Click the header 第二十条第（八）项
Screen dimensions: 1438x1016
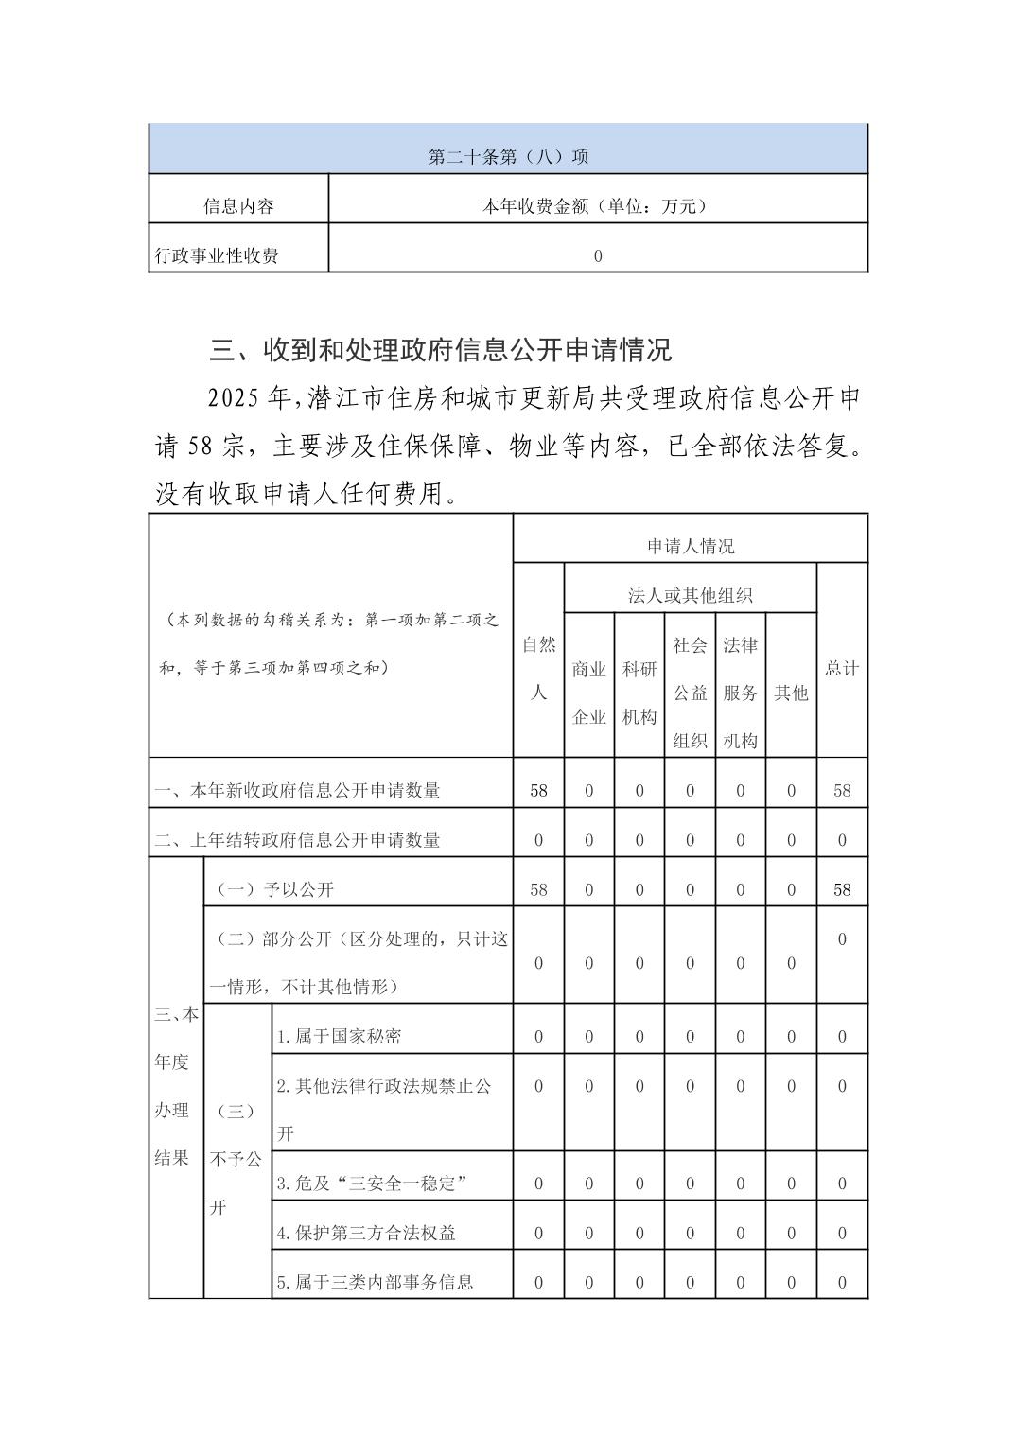coord(508,156)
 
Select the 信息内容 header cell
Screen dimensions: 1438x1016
coord(238,205)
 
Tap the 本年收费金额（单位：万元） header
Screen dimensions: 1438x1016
coord(597,205)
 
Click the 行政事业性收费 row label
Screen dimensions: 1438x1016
coord(218,255)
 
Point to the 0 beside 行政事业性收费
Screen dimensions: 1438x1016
coord(598,255)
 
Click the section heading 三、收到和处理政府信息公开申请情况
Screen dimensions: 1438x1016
coord(440,350)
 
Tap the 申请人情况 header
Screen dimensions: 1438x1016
coord(690,546)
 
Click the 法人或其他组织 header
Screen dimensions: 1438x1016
coord(690,595)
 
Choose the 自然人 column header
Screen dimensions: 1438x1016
coord(538,668)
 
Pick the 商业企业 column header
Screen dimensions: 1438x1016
coord(588,693)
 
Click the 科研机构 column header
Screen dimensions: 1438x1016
coord(639,693)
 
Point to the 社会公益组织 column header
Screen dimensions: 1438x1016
coord(690,693)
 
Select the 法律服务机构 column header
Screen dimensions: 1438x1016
coord(740,693)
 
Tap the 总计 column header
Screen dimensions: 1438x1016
coord(841,668)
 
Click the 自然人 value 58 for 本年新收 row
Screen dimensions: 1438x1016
coord(538,790)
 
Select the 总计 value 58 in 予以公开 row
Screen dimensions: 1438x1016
coord(841,889)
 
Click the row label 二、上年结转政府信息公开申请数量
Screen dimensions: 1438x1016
coord(297,840)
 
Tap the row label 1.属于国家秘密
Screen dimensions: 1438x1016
coord(339,1036)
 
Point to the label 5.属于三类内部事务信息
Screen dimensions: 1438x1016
coord(375,1283)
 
